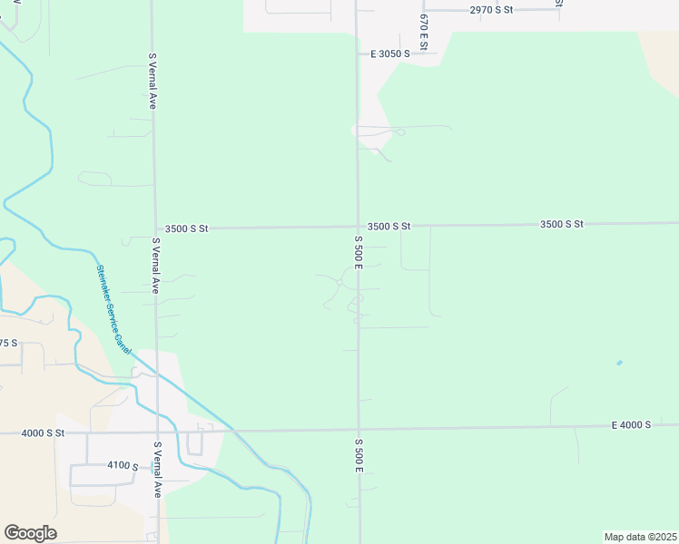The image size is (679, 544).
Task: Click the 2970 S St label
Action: tap(491, 9)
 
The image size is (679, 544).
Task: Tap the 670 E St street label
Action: tap(423, 33)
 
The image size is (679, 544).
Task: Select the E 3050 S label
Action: tap(390, 53)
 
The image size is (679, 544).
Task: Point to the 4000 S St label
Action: tap(44, 433)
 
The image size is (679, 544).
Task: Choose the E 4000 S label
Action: tap(632, 424)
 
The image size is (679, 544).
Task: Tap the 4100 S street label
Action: tap(123, 465)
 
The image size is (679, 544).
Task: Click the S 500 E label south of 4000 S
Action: tap(359, 455)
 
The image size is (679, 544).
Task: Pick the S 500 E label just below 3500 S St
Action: tap(359, 251)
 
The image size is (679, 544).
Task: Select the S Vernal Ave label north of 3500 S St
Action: tap(153, 82)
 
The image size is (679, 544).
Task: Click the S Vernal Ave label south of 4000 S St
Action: tap(157, 470)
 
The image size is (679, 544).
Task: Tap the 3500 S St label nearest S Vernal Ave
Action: tap(187, 228)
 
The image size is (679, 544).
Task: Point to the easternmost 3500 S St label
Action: tap(561, 223)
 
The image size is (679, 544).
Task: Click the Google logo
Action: tap(30, 533)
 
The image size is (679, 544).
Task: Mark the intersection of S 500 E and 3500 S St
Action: tap(358, 226)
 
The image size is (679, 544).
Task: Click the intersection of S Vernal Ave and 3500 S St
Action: tap(154, 228)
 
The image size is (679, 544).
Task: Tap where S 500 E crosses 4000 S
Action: tap(359, 429)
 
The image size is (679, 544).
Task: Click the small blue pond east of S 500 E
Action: tap(619, 363)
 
